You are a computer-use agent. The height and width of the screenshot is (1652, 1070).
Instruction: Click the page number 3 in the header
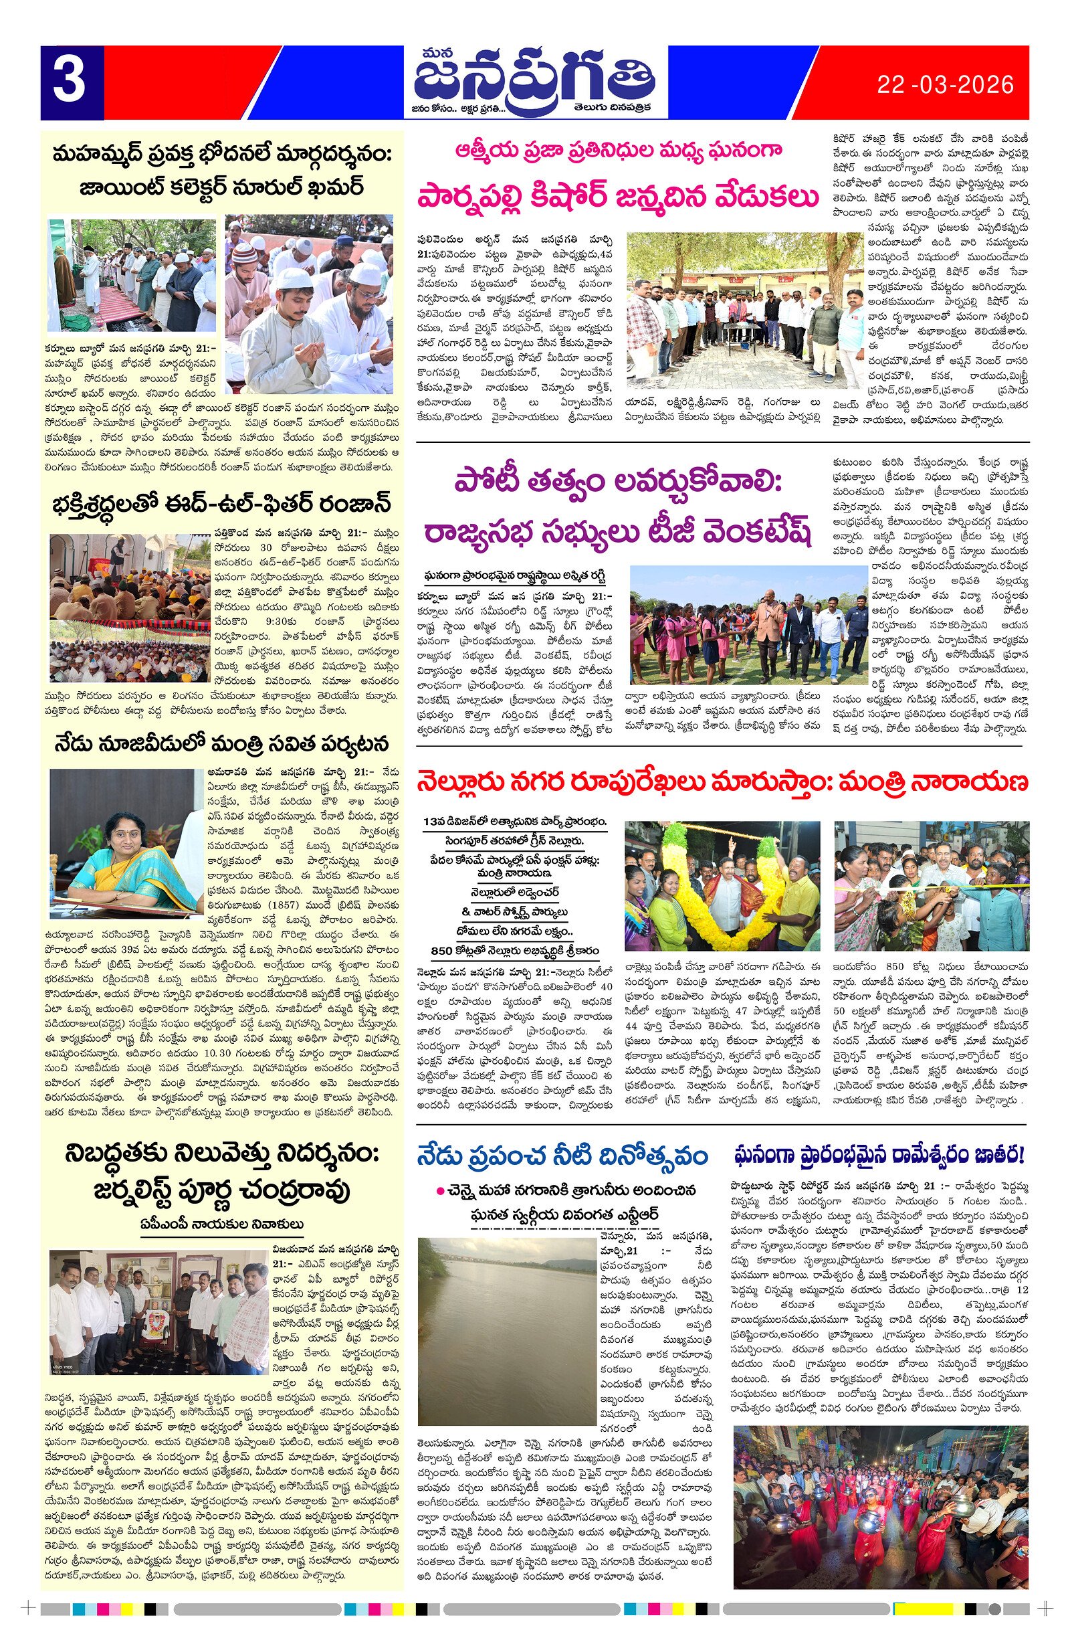(70, 82)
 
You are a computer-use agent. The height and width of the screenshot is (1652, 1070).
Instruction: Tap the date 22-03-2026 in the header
(944, 85)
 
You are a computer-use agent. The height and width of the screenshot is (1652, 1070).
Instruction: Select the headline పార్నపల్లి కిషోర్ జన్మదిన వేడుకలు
(617, 197)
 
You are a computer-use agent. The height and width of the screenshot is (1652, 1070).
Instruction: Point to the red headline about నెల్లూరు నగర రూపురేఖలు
(722, 782)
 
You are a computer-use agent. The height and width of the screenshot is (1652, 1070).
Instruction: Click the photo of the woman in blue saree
(127, 843)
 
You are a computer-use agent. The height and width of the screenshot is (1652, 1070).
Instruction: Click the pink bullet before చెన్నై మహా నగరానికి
(440, 1192)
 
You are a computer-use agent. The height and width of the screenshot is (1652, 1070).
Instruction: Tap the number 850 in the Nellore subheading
(442, 950)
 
